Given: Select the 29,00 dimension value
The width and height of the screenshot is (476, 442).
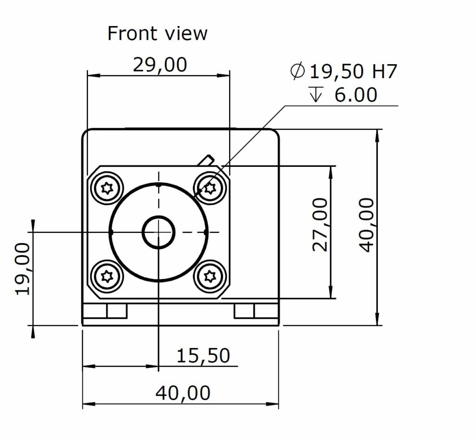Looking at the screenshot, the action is point(160,65).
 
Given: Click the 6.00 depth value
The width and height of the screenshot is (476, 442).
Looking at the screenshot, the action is point(356,94).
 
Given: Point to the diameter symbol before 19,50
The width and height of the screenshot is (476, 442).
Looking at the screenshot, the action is point(297,71).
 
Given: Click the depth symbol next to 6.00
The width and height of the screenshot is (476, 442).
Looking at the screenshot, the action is point(316,94).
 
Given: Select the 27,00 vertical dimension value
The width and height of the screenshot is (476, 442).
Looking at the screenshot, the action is point(320,224).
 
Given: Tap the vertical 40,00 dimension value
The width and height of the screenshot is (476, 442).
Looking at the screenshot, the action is point(367,225).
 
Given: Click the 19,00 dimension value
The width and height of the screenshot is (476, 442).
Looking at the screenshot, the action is point(23,269).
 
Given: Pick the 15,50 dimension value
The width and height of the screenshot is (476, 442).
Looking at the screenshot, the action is point(203,356).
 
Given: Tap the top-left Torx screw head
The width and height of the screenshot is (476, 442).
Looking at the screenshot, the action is point(107,189).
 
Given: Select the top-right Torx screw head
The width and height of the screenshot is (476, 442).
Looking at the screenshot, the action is point(210,189).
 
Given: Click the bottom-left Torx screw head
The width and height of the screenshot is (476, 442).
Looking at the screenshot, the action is point(107,276).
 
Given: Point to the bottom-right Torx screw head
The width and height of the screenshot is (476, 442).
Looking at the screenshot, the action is point(210,276).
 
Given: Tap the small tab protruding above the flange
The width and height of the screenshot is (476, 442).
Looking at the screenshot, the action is point(205,161).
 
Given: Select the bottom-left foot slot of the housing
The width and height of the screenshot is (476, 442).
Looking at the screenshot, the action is point(105,311).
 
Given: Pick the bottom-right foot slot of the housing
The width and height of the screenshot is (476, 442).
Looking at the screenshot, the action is point(256,311).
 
